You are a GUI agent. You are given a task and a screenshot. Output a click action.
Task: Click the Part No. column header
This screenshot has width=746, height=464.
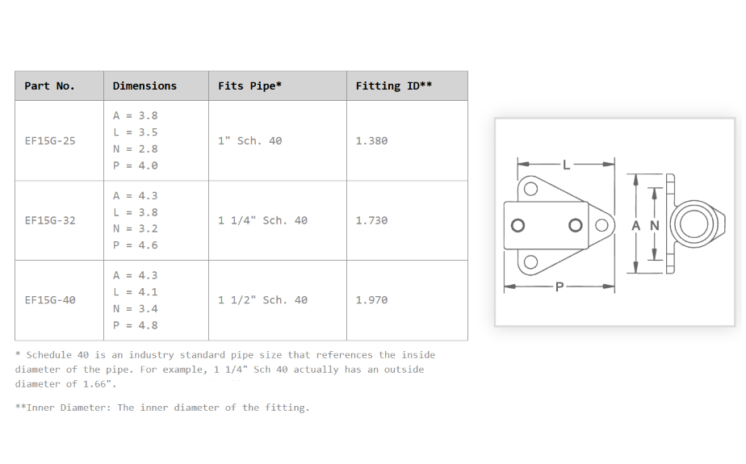[49, 86]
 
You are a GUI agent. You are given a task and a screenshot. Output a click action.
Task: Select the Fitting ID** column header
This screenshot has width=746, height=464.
[393, 86]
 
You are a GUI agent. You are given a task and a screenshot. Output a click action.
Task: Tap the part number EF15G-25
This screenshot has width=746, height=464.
[50, 140]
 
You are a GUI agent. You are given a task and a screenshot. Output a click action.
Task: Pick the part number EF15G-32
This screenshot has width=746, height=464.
[50, 220]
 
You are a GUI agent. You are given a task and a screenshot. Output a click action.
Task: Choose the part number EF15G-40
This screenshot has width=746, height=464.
[50, 300]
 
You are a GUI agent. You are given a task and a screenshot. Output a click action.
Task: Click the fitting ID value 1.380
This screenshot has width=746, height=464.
[371, 140]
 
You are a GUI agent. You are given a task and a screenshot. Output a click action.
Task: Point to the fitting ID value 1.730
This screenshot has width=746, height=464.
[371, 220]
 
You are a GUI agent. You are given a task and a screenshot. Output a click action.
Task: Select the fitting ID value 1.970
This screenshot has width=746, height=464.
[371, 300]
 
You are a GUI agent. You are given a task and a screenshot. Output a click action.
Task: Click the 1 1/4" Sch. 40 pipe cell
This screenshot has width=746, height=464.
[262, 220]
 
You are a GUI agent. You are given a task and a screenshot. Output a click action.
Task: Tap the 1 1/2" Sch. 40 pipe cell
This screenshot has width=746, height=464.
[262, 300]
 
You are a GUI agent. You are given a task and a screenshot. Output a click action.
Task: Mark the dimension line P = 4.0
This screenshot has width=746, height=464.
[135, 165]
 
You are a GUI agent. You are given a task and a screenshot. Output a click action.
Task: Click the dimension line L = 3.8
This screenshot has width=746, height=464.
[135, 212]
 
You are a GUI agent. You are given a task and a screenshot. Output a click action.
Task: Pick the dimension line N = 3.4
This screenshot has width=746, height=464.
[135, 309]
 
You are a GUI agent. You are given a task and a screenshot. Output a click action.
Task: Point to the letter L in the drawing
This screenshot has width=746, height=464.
[566, 165]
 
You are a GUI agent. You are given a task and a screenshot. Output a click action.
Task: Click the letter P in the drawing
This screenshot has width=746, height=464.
[559, 286]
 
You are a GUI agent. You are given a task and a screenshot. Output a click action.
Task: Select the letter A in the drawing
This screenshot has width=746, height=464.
[635, 226]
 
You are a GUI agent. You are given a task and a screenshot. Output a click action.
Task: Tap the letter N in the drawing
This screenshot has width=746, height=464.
[655, 226]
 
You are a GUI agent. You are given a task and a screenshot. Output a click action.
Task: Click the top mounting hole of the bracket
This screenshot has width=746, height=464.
[530, 189]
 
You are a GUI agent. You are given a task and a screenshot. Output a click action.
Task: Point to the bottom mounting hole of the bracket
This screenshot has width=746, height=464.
[530, 262]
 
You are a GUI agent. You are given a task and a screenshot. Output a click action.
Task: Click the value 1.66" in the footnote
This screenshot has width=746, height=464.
[99, 384]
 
